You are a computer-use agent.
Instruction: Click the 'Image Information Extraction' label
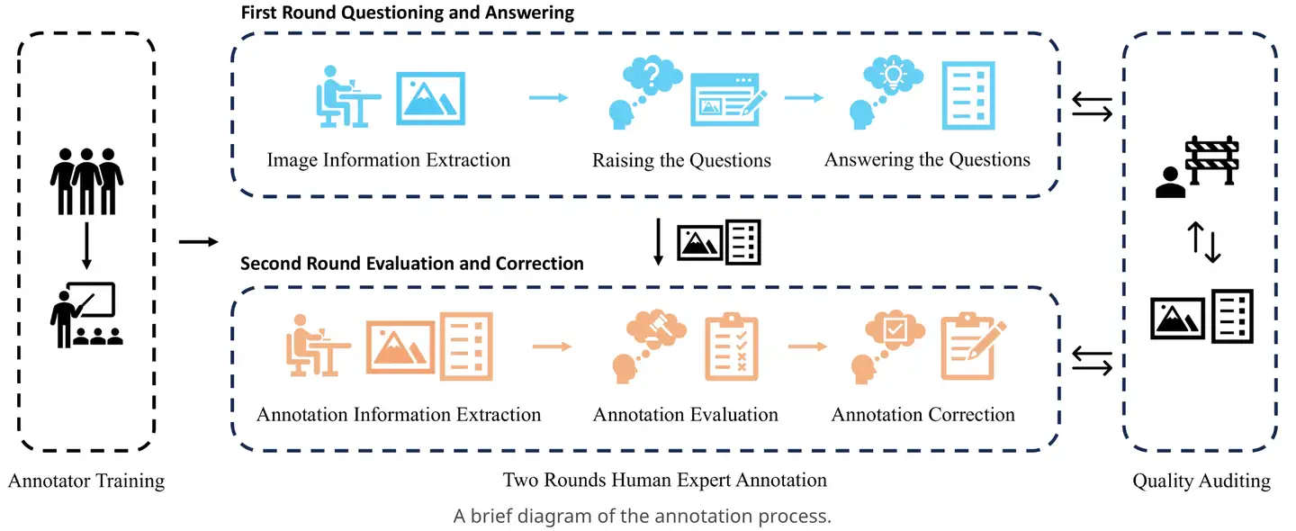[x=388, y=160]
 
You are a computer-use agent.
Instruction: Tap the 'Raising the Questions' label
[x=681, y=160]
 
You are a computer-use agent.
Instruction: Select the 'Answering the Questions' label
[x=927, y=159]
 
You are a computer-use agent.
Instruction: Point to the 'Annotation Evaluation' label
[x=685, y=415]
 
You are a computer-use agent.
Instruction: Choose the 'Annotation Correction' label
[x=922, y=415]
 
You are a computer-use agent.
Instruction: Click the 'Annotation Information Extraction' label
[x=399, y=415]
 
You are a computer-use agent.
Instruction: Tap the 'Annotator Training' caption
[x=86, y=481]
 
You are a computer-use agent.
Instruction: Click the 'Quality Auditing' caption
[x=1201, y=481]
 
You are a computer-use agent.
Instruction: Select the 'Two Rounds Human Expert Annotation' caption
[x=664, y=480]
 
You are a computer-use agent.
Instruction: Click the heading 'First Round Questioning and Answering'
[x=407, y=13]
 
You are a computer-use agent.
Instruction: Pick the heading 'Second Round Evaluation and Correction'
[x=412, y=264]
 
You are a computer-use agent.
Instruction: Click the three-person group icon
[x=86, y=180]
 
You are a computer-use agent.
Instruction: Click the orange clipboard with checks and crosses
[x=732, y=344]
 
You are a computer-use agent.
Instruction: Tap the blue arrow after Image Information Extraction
[x=548, y=97]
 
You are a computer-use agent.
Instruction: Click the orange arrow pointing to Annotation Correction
[x=806, y=345]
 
